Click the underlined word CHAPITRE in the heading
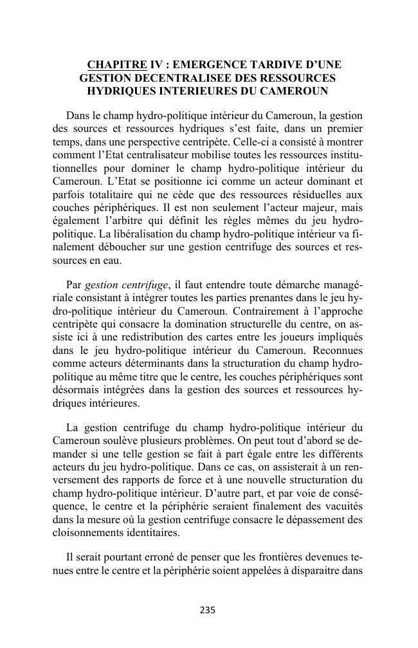click(x=116, y=64)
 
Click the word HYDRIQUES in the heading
click(x=122, y=91)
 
